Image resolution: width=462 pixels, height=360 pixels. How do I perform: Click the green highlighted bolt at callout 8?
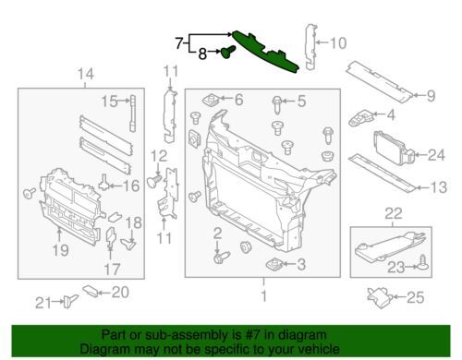(228, 53)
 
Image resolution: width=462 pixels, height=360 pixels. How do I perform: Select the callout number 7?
(179, 43)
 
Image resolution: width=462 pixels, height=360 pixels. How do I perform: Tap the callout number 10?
(338, 43)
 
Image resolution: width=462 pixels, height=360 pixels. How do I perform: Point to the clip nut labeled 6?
(210, 100)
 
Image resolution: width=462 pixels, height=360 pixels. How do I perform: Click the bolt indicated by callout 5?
(277, 104)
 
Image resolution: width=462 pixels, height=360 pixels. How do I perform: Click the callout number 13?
(438, 187)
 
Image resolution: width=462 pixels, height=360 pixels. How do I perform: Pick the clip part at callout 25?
(381, 297)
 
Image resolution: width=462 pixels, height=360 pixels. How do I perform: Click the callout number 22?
(394, 213)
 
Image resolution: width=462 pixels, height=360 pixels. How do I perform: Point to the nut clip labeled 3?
(274, 264)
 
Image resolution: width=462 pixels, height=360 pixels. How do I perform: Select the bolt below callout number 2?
(222, 258)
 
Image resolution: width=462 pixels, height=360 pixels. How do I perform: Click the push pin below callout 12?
(154, 180)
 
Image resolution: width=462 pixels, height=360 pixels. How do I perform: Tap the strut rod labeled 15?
(132, 114)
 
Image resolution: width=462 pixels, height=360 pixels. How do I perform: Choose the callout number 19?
(60, 250)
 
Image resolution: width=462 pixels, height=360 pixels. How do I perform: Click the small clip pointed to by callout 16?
(104, 182)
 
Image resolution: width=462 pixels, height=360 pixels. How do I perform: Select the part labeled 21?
(70, 301)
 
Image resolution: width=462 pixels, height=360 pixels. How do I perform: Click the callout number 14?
(86, 74)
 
